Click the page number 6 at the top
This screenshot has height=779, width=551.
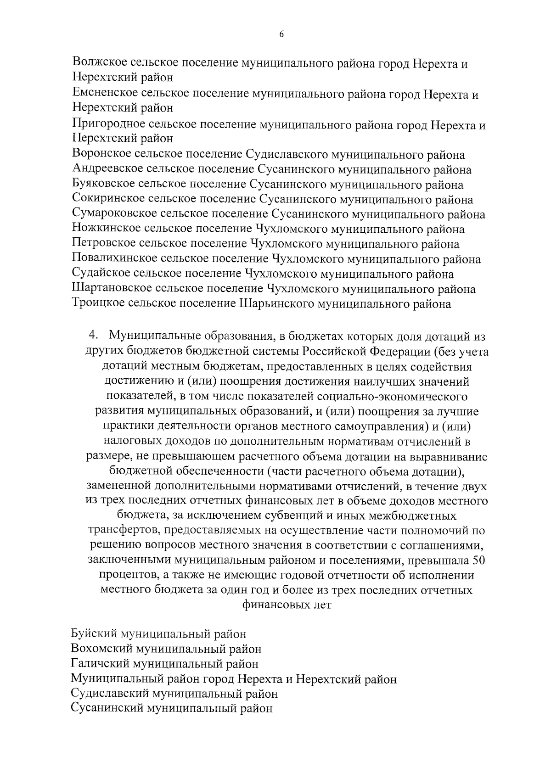point(281,34)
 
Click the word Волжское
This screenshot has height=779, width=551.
point(99,63)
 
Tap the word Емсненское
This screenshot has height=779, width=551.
point(104,94)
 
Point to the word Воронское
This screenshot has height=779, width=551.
point(101,155)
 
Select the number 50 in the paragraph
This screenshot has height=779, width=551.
point(478,561)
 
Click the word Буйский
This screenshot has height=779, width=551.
point(94,634)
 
